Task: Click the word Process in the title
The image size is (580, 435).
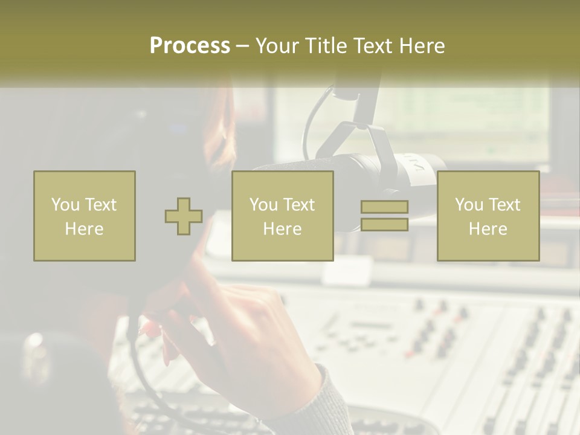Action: coord(190,46)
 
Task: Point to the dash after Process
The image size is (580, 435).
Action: coord(242,47)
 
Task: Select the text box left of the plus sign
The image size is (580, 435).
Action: coord(85,216)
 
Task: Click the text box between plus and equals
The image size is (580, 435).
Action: coord(282,216)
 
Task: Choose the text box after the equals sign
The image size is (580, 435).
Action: coord(488,216)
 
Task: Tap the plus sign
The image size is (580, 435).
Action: coord(184,216)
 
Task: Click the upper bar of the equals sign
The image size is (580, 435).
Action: coord(384,207)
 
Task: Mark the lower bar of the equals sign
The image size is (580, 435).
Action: coord(384,225)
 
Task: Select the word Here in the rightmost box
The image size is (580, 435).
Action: coord(488,229)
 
